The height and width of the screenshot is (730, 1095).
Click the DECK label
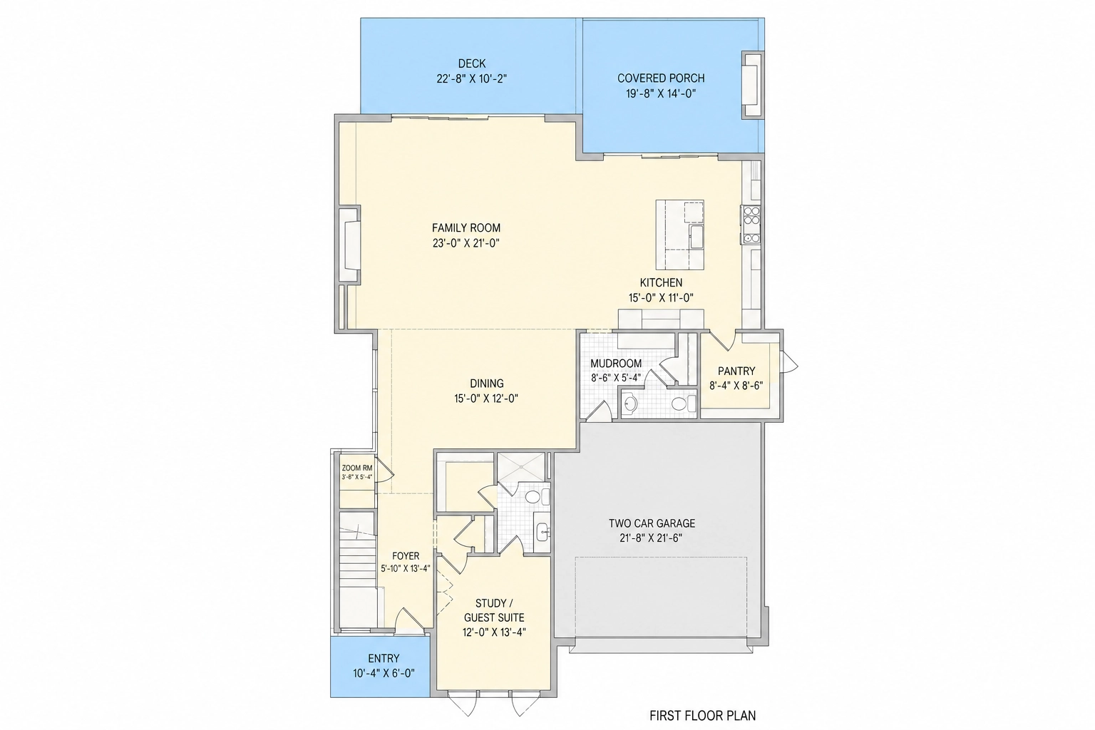(x=472, y=63)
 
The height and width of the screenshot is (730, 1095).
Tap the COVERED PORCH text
(x=661, y=78)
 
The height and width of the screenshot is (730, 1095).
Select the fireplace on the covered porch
(x=752, y=85)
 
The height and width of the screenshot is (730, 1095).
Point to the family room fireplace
(x=349, y=245)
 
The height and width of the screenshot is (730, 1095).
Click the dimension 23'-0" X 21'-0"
(x=466, y=243)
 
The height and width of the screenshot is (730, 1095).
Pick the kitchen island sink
(x=696, y=237)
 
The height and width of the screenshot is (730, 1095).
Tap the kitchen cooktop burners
(x=751, y=225)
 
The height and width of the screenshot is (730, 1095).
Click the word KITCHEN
(x=661, y=282)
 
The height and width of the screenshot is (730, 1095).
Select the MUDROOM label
(x=616, y=364)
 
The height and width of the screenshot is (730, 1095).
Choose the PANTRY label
(x=736, y=371)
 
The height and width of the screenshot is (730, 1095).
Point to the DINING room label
(x=486, y=384)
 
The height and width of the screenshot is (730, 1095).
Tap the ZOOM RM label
(x=357, y=468)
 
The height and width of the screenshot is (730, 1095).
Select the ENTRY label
(x=384, y=659)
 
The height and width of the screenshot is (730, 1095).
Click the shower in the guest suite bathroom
(x=521, y=467)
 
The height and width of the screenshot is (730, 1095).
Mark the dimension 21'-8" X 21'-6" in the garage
(x=651, y=538)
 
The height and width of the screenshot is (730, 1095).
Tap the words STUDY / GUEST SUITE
(x=494, y=610)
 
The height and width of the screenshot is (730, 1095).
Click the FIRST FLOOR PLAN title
(x=702, y=716)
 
